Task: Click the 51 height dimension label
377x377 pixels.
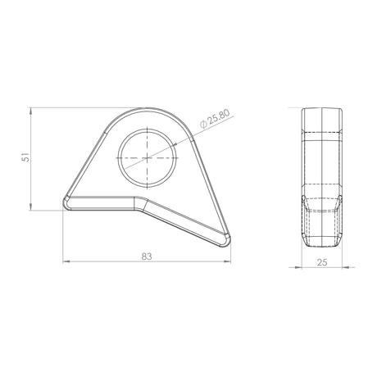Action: [25, 158]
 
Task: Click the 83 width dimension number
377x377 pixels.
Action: [147, 257]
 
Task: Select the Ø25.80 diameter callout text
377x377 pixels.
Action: [215, 119]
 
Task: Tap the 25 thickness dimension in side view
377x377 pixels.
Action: [322, 262]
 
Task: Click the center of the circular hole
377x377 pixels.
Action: [148, 158]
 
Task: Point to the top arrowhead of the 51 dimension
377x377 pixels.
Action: [30, 111]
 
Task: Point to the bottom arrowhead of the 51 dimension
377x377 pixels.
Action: [30, 207]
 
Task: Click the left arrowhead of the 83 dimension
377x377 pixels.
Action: [66, 261]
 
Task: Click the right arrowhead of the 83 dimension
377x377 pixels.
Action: [227, 261]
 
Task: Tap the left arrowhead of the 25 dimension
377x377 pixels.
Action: [298, 267]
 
